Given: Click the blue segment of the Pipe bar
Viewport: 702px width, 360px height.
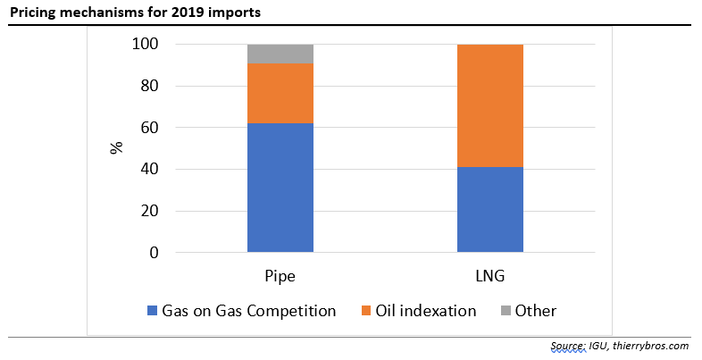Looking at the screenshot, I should coord(280,188).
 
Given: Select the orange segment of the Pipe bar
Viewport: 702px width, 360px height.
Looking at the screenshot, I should coord(280,93).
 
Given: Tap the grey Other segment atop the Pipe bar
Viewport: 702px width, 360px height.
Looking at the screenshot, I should coord(280,54).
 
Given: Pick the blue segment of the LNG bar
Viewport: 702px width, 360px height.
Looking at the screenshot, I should coord(489,210).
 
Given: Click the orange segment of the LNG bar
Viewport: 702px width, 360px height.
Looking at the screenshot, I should coord(489,105).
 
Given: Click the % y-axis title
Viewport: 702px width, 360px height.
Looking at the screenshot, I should coord(116,147).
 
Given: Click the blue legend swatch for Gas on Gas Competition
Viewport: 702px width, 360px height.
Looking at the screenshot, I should coord(153,311).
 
